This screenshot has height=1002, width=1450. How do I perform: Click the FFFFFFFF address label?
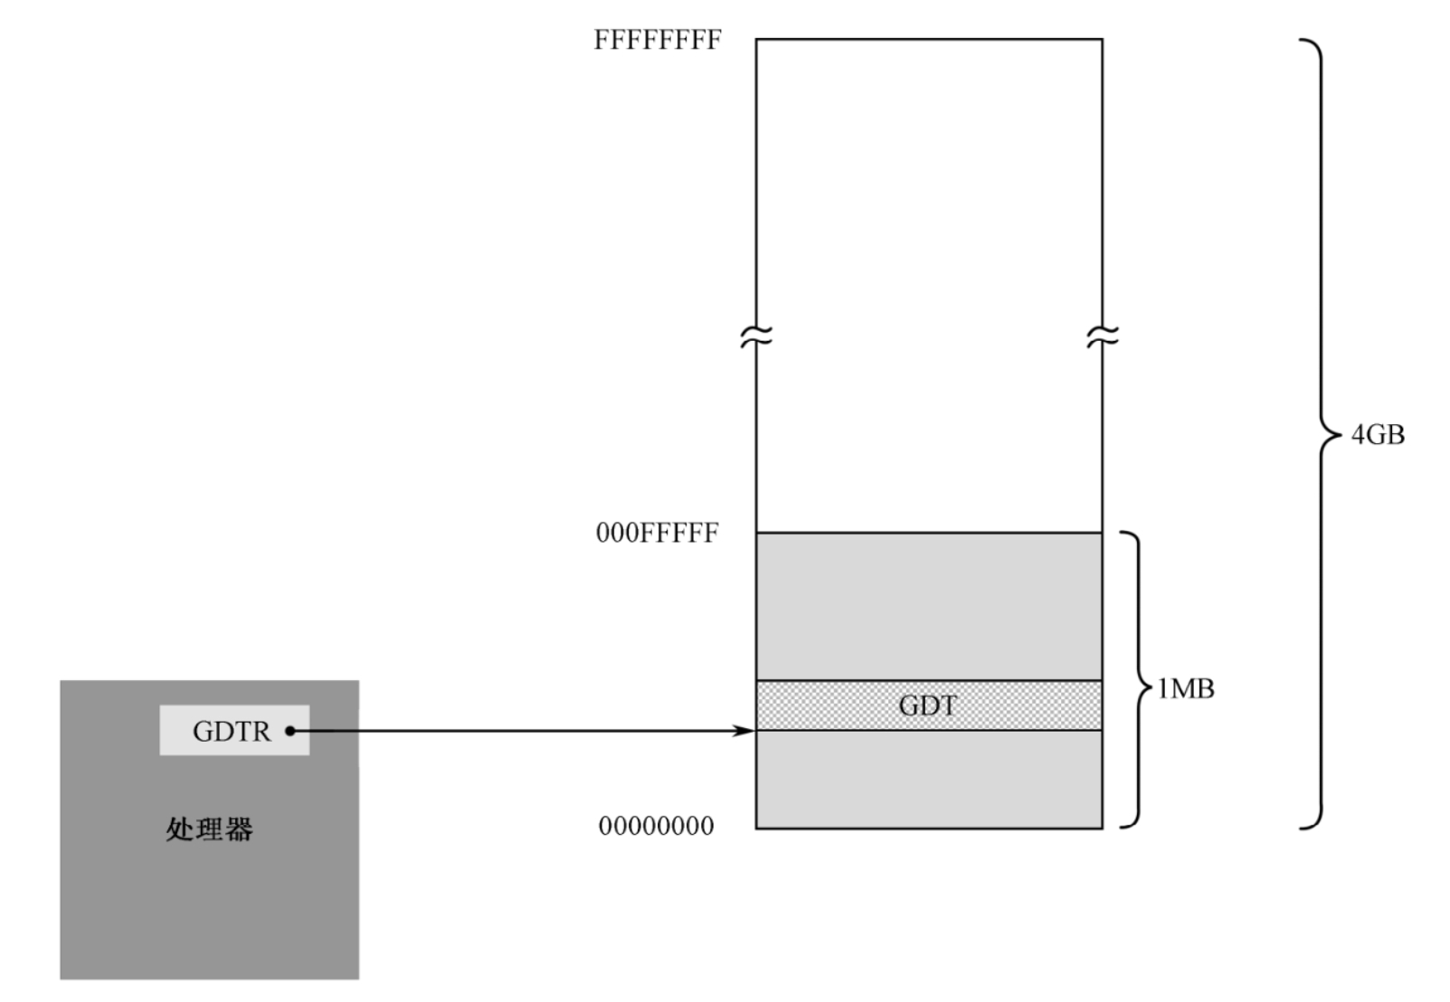(x=658, y=41)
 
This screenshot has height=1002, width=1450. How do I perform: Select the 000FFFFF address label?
(x=658, y=533)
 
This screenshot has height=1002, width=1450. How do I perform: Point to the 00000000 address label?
(x=657, y=826)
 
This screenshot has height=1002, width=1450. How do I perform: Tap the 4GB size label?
(x=1378, y=435)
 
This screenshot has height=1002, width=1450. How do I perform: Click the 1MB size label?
(x=1186, y=689)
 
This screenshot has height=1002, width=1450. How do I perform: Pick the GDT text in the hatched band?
(x=928, y=705)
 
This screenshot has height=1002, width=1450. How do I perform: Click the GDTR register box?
(x=234, y=731)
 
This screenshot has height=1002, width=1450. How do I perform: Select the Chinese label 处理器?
(x=210, y=828)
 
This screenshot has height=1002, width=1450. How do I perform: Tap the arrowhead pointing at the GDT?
(x=745, y=731)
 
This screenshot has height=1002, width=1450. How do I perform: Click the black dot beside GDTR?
(x=290, y=731)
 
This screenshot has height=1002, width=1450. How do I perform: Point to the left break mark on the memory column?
(x=756, y=337)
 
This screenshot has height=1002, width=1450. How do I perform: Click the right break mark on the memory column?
(x=1103, y=337)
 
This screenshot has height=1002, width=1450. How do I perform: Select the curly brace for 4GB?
(x=1319, y=434)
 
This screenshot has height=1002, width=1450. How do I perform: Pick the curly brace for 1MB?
(x=1136, y=680)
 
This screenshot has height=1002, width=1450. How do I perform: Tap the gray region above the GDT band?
(x=929, y=606)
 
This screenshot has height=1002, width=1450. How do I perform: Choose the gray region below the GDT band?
(x=929, y=779)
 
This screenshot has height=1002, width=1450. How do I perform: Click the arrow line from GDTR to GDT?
(x=525, y=731)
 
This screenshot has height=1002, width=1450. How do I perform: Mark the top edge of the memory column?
(x=929, y=39)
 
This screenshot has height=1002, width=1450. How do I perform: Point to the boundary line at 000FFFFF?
(x=929, y=533)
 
